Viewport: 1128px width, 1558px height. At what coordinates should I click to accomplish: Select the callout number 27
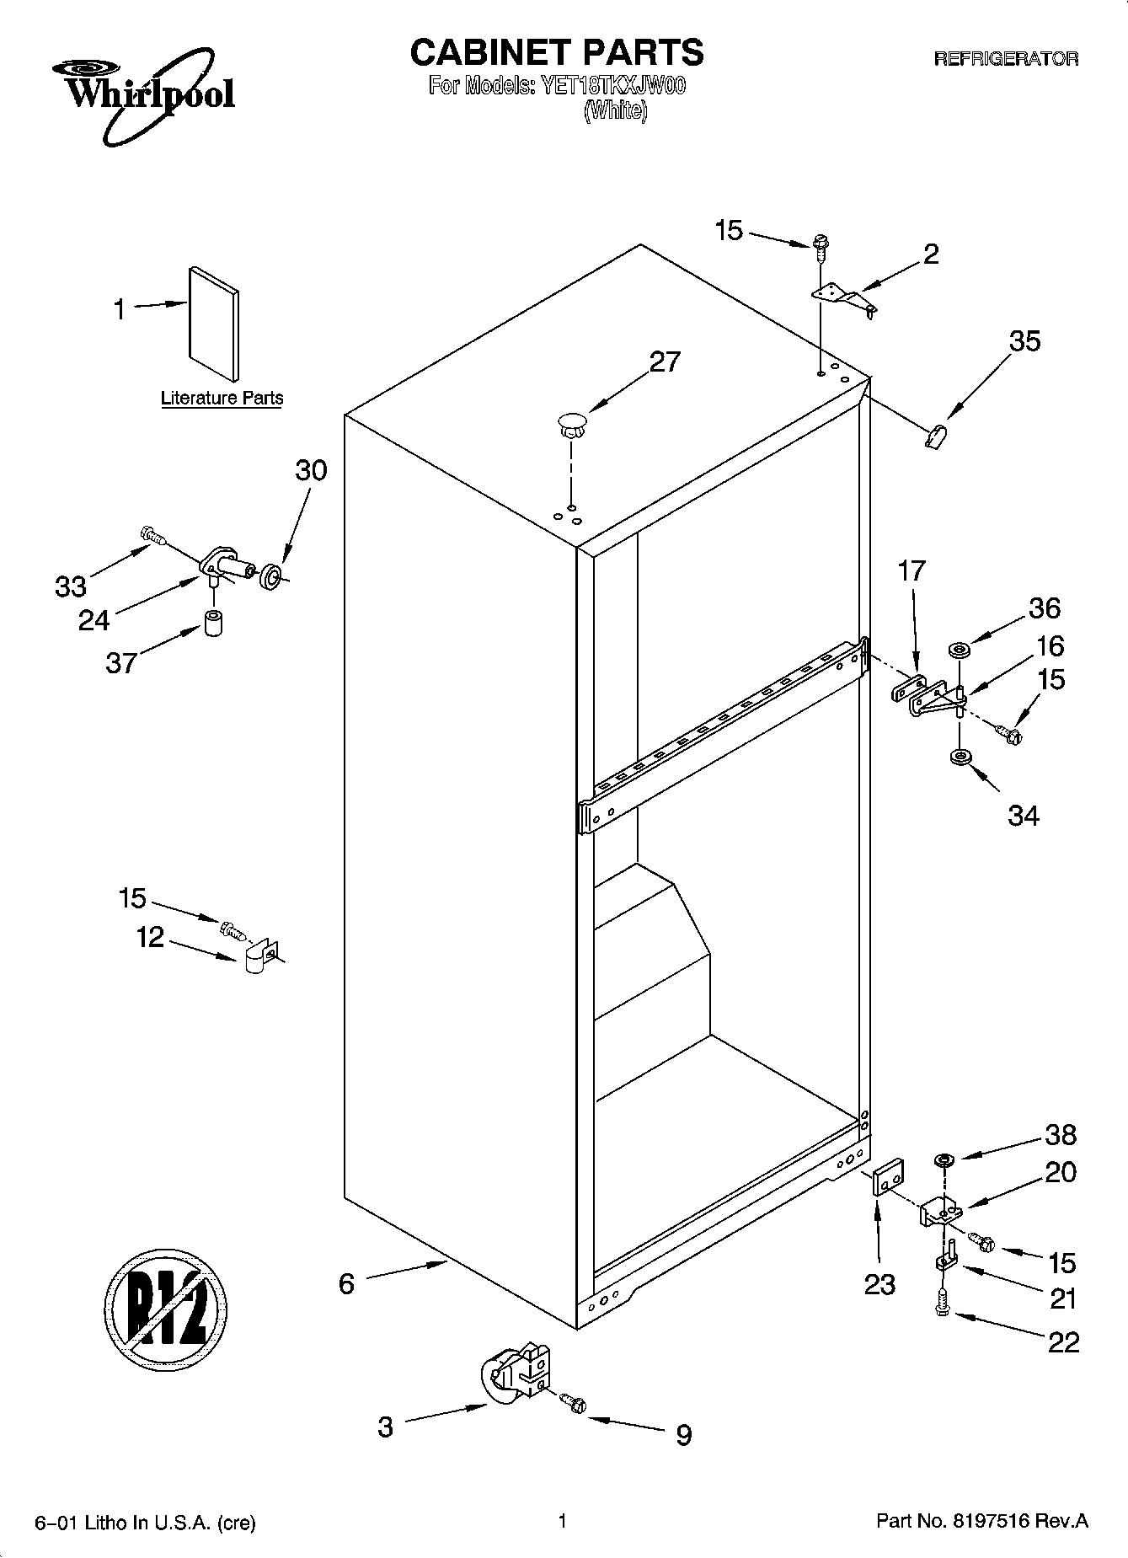[x=664, y=361]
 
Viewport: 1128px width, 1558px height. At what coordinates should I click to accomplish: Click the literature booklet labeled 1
[x=213, y=324]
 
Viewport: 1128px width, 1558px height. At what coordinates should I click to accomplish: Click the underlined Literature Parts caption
[x=222, y=399]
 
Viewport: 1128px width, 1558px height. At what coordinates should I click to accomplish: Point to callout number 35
[x=1024, y=341]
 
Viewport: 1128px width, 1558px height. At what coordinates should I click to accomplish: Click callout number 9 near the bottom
[x=683, y=1434]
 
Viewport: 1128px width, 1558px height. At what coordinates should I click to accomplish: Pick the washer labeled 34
[x=958, y=758]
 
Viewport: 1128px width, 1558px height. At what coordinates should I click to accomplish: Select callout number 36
[x=1045, y=608]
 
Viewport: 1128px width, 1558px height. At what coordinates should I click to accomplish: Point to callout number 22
[x=1062, y=1341]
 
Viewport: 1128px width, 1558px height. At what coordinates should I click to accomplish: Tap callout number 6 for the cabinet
[x=346, y=1283]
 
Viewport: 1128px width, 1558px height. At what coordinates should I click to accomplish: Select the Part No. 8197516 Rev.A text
[x=982, y=1521]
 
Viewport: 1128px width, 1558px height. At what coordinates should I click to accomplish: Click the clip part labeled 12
[x=259, y=957]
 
